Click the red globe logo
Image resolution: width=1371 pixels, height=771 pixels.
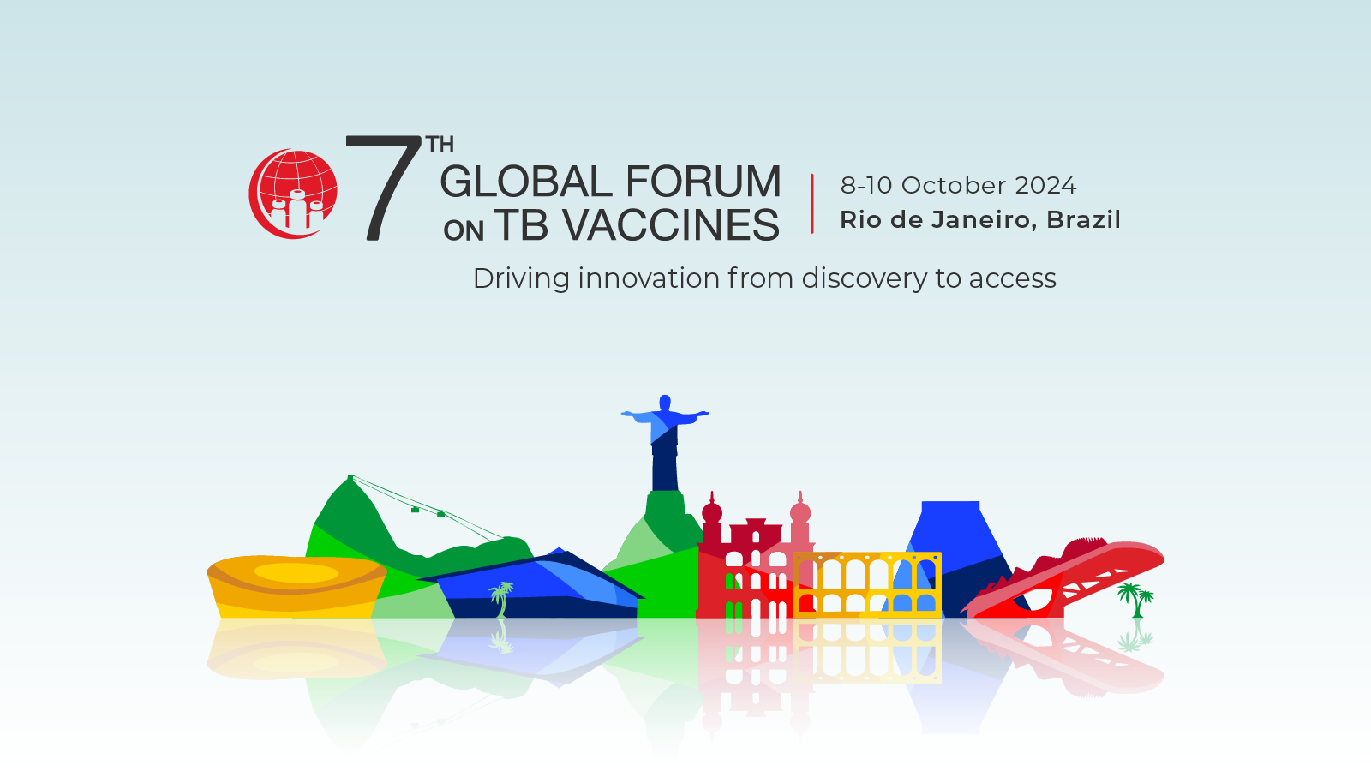pos(292,194)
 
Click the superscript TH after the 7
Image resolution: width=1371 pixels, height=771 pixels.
pos(440,145)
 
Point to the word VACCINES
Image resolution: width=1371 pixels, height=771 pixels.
pos(671,224)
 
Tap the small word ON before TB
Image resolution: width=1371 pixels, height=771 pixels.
pos(464,230)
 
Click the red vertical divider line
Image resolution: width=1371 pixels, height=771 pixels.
pos(812,204)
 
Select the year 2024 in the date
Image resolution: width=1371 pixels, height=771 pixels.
pos(1046,185)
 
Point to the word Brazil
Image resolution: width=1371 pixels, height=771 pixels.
pos(1083,219)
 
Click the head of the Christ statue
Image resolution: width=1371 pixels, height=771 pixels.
pos(665,403)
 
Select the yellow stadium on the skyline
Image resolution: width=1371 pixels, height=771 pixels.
pos(296,586)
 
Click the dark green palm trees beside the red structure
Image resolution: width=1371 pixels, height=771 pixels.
pos(1135,601)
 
